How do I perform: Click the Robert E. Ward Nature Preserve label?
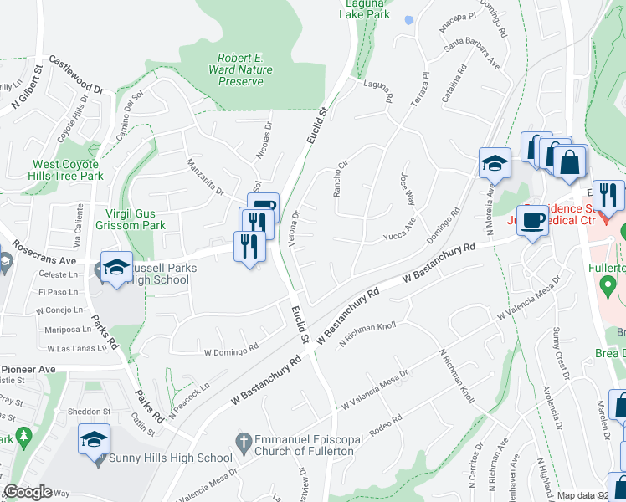click(x=241, y=69)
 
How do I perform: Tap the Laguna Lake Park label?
click(x=369, y=8)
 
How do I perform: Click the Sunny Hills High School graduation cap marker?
click(x=94, y=439)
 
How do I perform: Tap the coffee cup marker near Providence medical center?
click(x=533, y=222)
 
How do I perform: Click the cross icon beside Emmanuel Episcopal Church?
click(x=243, y=440)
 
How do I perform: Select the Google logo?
click(x=28, y=492)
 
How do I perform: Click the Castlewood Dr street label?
click(x=75, y=74)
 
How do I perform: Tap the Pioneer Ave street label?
click(x=28, y=369)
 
